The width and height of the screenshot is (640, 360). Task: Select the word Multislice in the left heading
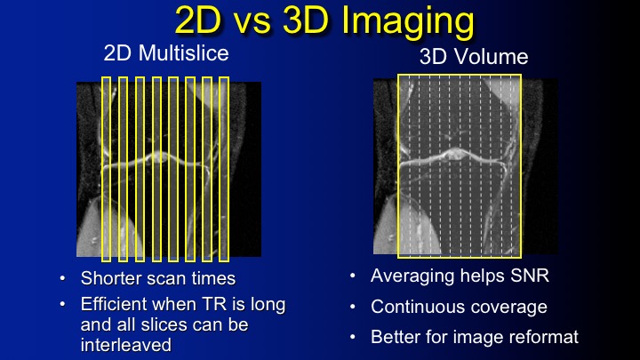click(x=184, y=53)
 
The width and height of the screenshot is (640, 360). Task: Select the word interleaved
click(x=126, y=345)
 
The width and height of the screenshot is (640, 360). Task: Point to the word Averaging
click(x=413, y=276)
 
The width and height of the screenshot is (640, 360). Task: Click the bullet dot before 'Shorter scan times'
click(x=62, y=278)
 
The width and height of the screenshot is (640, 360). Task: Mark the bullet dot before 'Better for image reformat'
click(x=353, y=337)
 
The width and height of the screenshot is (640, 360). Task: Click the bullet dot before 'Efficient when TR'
click(x=62, y=305)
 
